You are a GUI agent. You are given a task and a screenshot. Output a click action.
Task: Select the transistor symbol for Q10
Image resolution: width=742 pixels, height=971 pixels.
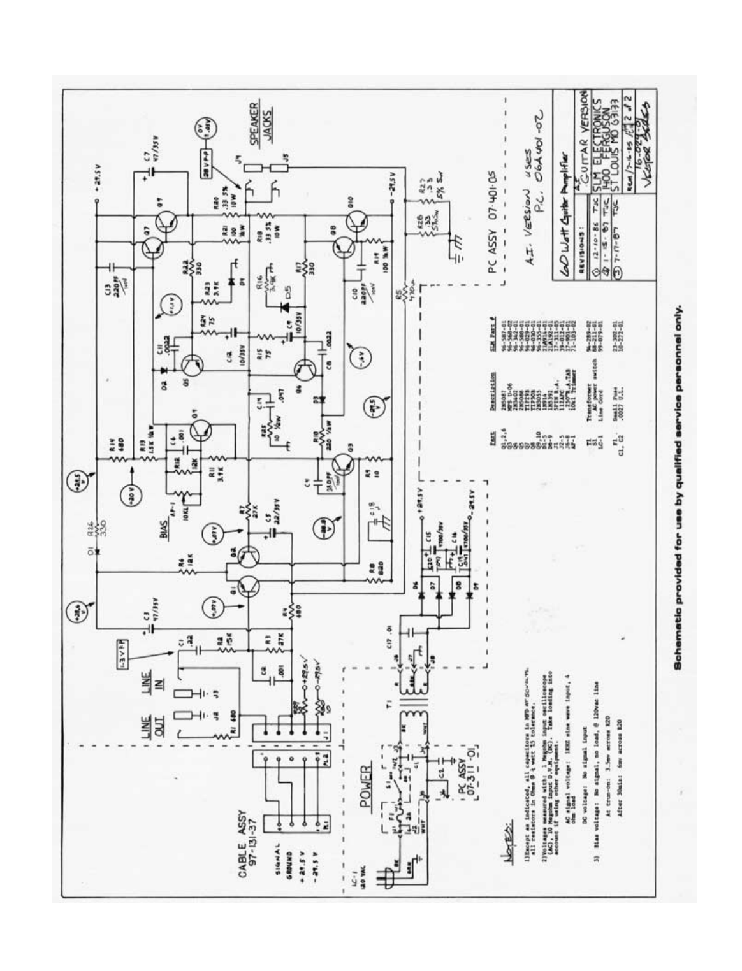point(358,223)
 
